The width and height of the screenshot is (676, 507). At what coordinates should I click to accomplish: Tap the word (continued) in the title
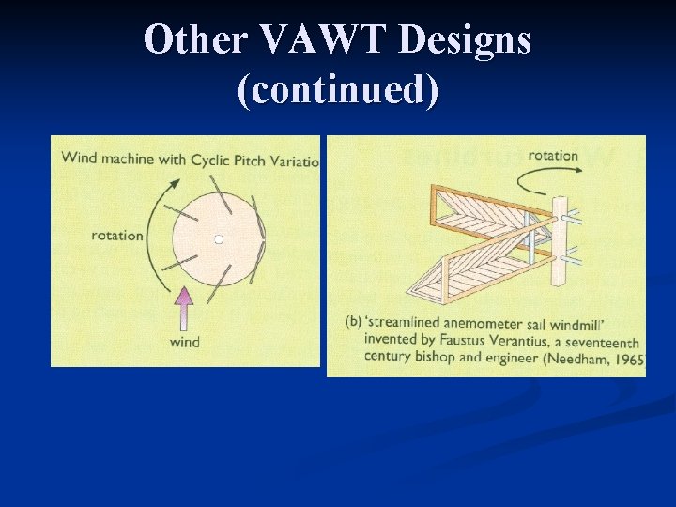coord(338,91)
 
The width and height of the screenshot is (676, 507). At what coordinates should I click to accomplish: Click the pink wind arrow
coord(185,308)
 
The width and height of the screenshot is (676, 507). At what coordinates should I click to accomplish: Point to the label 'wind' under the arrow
coord(185,342)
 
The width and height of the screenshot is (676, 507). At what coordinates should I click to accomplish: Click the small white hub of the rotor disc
coord(219,239)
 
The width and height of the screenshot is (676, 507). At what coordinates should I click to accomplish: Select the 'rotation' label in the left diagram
coord(117,235)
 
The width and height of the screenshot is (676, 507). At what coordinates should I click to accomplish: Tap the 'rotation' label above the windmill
coord(553,155)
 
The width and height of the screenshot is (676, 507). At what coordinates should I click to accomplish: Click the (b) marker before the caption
coord(354,322)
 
